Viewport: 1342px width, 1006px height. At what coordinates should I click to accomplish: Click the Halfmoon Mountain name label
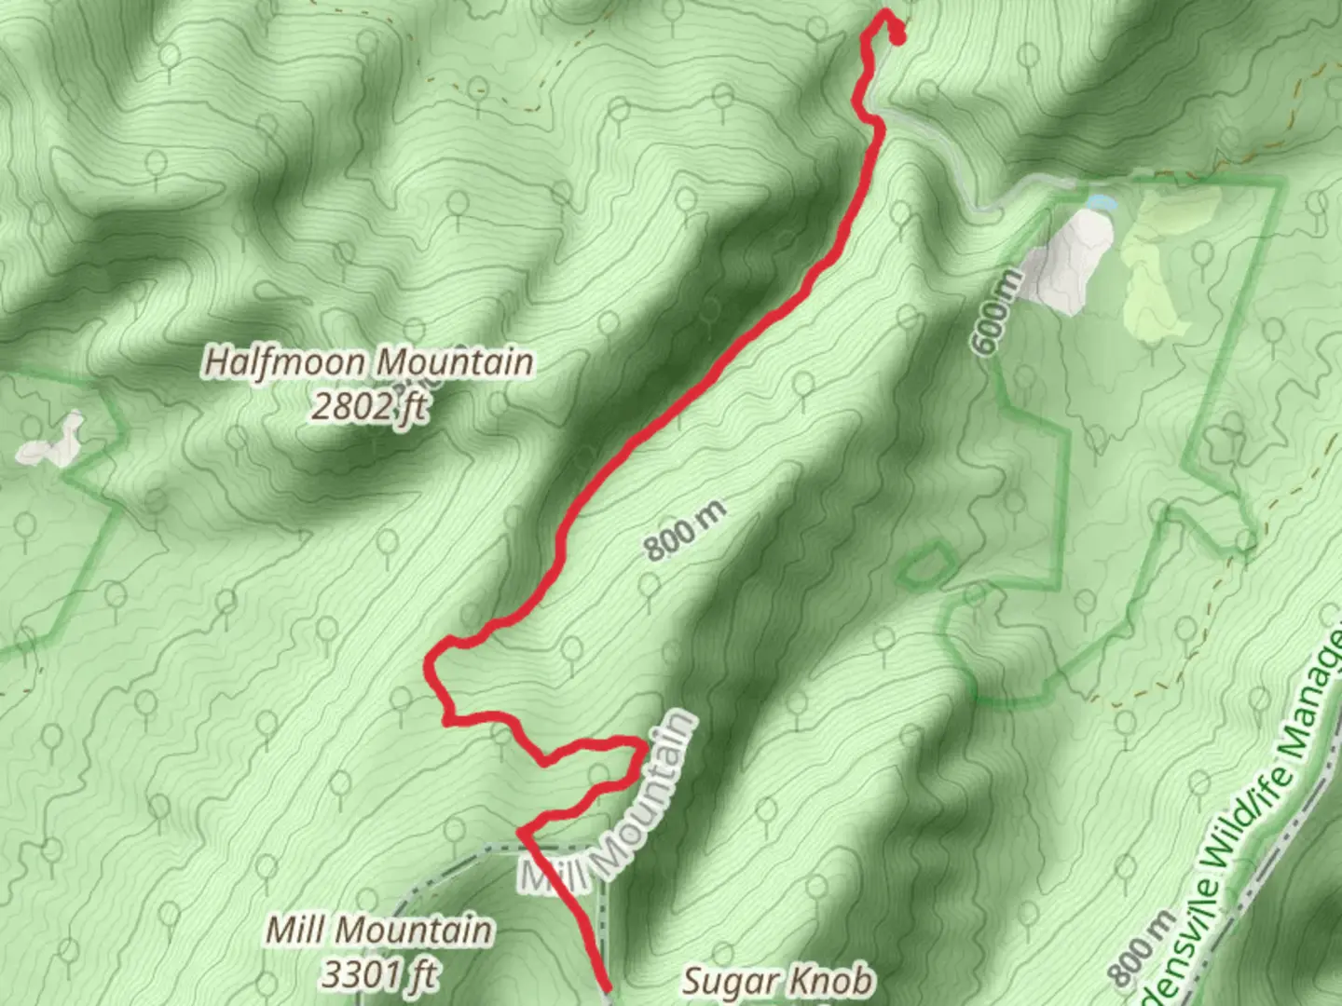(369, 361)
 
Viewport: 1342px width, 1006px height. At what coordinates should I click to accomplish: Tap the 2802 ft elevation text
(369, 406)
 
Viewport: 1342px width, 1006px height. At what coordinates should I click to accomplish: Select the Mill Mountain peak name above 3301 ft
(378, 930)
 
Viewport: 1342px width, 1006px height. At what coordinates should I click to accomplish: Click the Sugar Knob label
(778, 980)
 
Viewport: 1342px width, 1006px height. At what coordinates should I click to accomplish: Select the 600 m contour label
(994, 312)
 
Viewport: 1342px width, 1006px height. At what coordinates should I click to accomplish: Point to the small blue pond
(1100, 201)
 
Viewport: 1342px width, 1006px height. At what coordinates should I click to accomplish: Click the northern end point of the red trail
(898, 38)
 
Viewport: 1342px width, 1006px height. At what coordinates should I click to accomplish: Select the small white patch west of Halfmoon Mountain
(51, 442)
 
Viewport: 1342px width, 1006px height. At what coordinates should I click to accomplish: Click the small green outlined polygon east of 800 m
(926, 566)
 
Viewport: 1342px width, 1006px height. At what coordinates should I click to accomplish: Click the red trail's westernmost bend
(430, 663)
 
